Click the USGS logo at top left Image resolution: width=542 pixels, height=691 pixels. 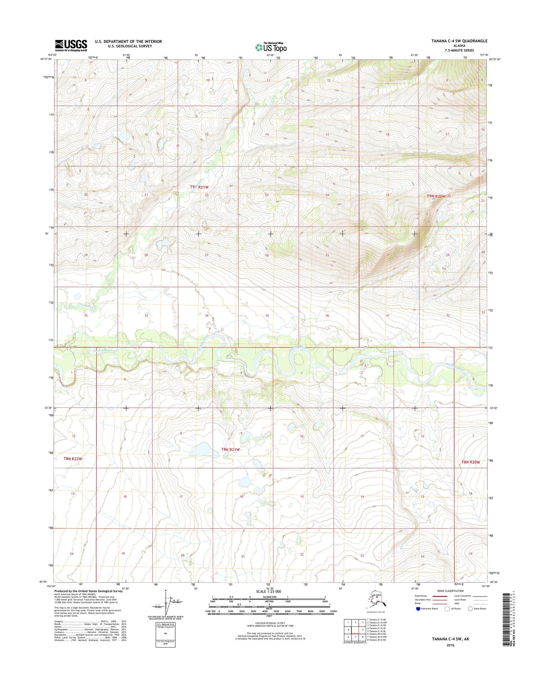[71, 45]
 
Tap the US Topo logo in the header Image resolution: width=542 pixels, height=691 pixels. [271, 47]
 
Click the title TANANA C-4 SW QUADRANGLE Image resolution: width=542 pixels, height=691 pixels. [459, 41]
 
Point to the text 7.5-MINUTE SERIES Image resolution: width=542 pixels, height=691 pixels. [459, 50]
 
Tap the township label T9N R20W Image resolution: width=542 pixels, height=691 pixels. [436, 196]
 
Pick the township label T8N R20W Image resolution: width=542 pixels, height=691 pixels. [471, 462]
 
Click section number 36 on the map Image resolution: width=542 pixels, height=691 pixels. [327, 315]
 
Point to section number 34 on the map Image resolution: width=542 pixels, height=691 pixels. [207, 315]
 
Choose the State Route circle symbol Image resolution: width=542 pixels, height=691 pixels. [470, 619]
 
